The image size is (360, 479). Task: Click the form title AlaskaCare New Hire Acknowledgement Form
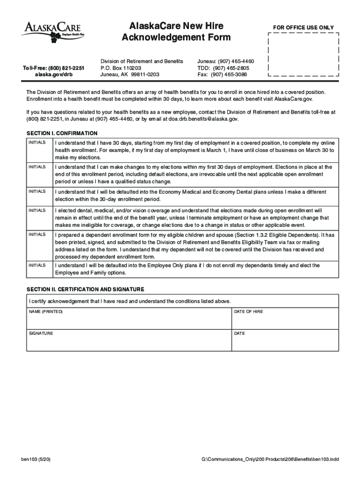pyautogui.click(x=176, y=31)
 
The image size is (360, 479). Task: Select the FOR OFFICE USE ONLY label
pyautogui.click(x=303, y=28)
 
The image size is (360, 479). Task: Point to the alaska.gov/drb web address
pyautogui.click(x=54, y=74)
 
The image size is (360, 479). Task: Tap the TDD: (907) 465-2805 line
pyautogui.click(x=223, y=68)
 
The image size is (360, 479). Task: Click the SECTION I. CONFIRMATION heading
pyautogui.click(x=62, y=133)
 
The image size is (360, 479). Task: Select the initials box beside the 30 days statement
pyautogui.click(x=39, y=150)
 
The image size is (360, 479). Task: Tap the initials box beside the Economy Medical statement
pyautogui.click(x=39, y=196)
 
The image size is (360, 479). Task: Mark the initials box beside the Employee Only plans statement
pyautogui.click(x=39, y=269)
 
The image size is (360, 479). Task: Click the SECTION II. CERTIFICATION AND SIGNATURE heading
pyautogui.click(x=85, y=289)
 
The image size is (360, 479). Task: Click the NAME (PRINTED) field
pyautogui.click(x=129, y=319)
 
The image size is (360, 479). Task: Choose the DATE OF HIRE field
pyautogui.click(x=285, y=319)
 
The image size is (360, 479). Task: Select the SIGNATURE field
pyautogui.click(x=129, y=341)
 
